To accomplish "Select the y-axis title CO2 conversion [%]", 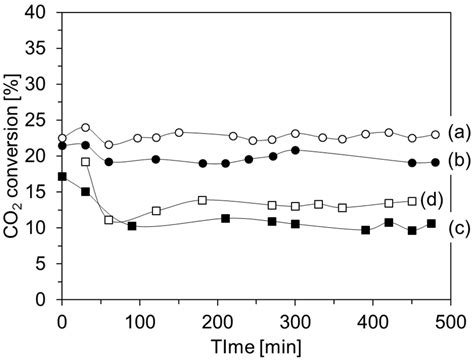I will tap(14, 155).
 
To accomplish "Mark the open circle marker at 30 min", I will tap(85, 128).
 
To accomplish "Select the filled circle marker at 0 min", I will tap(62, 146).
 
